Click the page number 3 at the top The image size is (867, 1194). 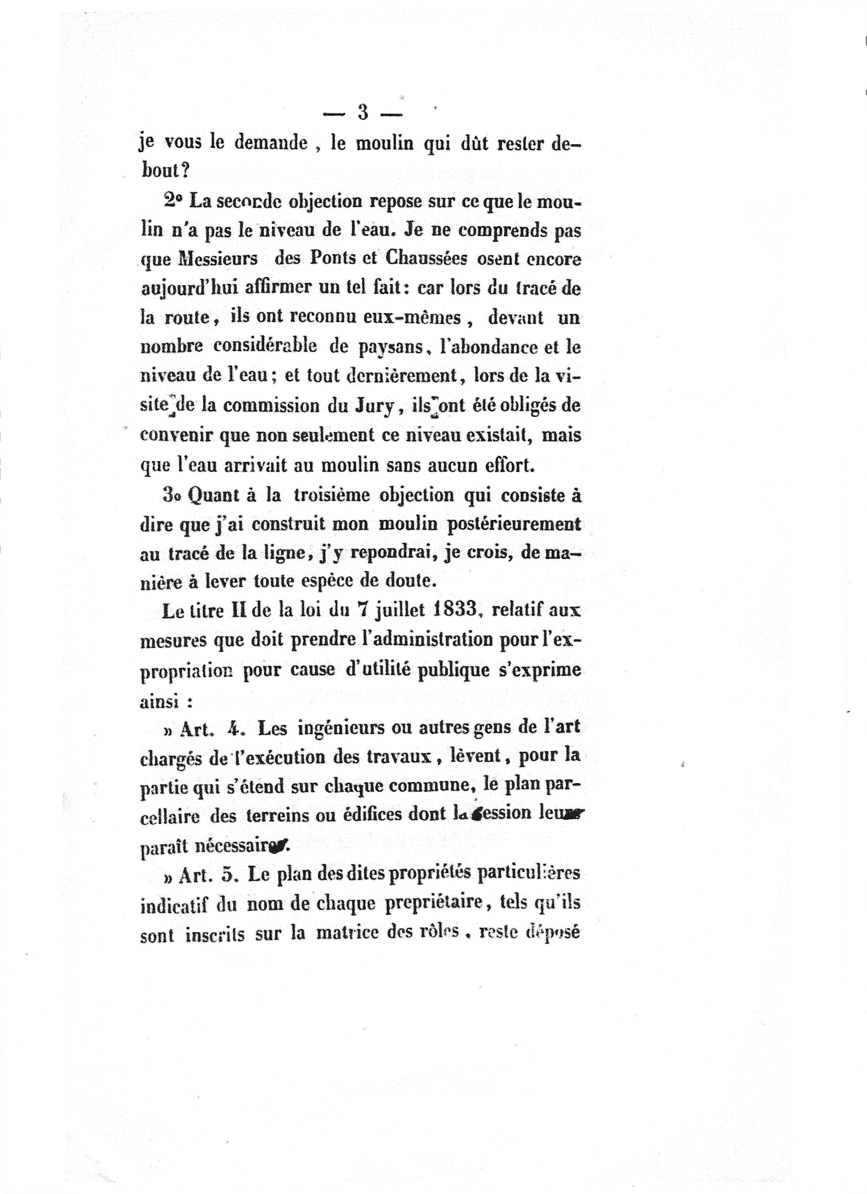(x=363, y=113)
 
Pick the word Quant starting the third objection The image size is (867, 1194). (x=212, y=496)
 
